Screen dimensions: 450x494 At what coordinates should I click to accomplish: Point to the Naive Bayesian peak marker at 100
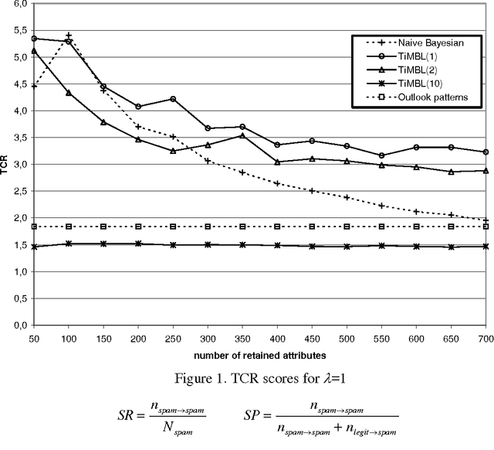tap(69, 36)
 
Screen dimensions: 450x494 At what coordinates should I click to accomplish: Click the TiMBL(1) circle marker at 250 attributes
tap(173, 99)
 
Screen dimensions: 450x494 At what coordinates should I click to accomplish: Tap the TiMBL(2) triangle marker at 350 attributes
tap(242, 135)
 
